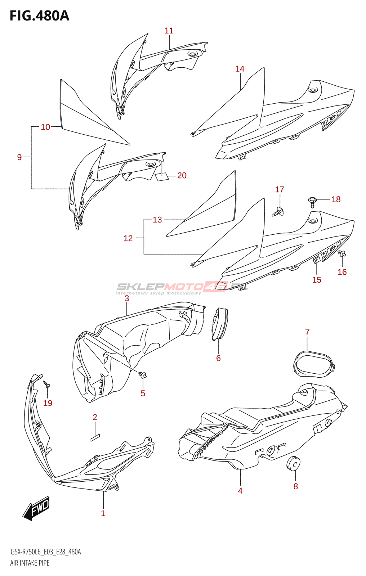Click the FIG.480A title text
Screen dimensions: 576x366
tap(39, 16)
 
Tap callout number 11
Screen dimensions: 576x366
tap(169, 31)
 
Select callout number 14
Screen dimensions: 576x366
tap(240, 69)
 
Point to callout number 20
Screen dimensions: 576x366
tap(182, 175)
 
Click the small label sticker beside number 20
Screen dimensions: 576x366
tap(162, 177)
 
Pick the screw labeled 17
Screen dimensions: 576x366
tap(278, 212)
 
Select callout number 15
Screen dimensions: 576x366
tap(317, 280)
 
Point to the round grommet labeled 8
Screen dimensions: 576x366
tap(294, 463)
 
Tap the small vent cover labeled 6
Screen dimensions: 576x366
tap(219, 324)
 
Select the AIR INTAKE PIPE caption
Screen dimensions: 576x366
tap(30, 563)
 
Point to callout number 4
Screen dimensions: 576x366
tap(240, 491)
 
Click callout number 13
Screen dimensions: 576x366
tap(157, 220)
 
